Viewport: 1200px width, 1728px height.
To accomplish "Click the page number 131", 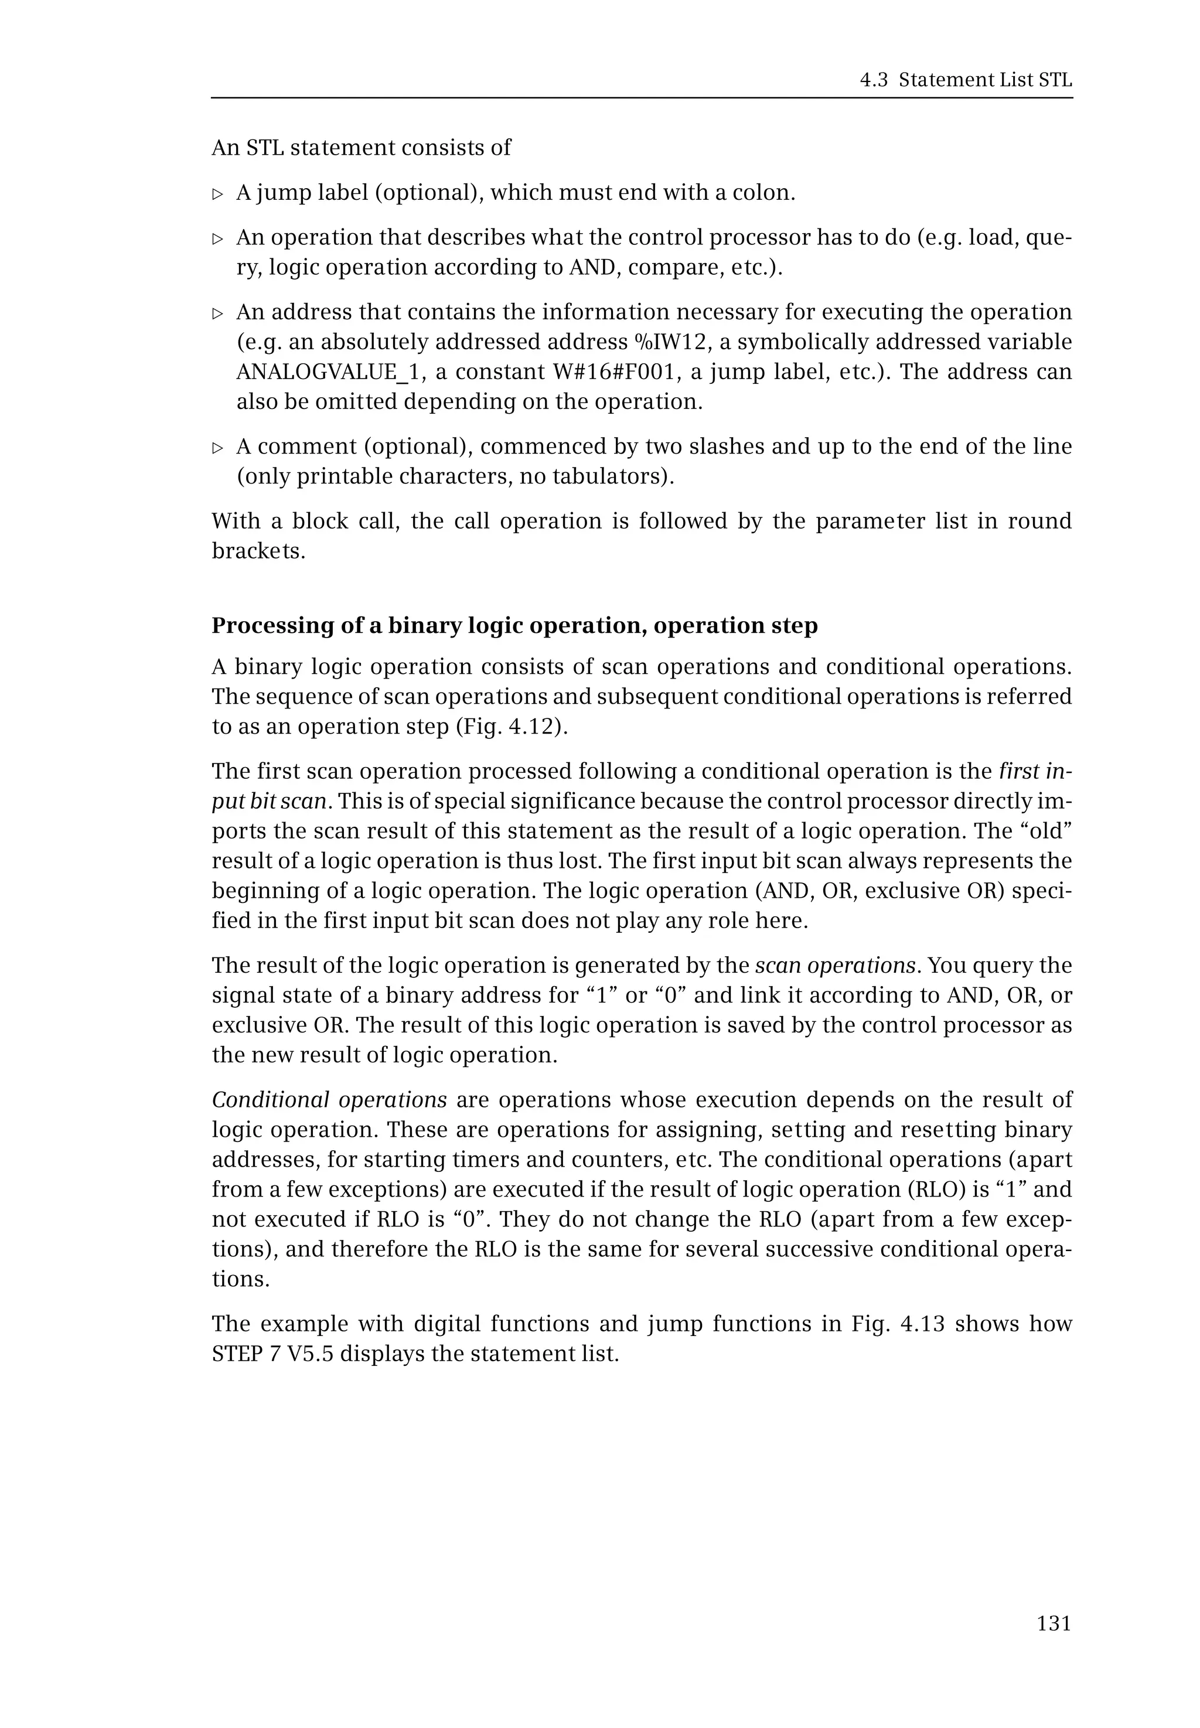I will pyautogui.click(x=1054, y=1624).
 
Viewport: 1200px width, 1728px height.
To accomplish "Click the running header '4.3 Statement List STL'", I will pyautogui.click(x=966, y=80).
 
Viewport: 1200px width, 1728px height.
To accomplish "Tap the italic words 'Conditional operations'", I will pyautogui.click(x=329, y=1100).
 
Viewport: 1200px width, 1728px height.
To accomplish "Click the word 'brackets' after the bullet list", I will pyautogui.click(x=258, y=551).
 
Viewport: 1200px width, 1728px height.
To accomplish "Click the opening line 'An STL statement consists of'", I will pyautogui.click(x=361, y=148).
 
